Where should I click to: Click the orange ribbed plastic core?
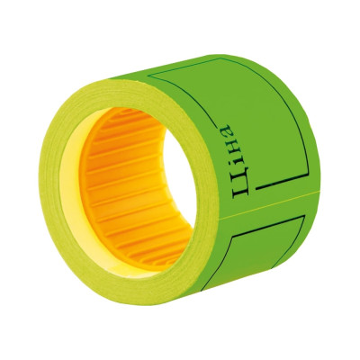pos(126,186)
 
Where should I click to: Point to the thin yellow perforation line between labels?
pos(268,205)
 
